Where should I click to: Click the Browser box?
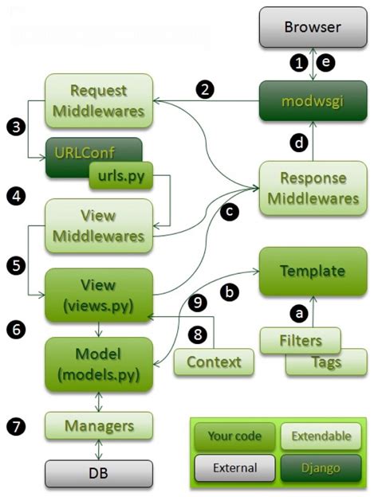313,28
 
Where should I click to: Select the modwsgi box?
313,103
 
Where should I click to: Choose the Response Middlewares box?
313,188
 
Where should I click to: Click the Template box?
313,271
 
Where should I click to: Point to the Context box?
213,362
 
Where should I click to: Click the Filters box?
301,341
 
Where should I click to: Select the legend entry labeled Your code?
235,436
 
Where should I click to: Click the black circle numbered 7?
18,426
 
